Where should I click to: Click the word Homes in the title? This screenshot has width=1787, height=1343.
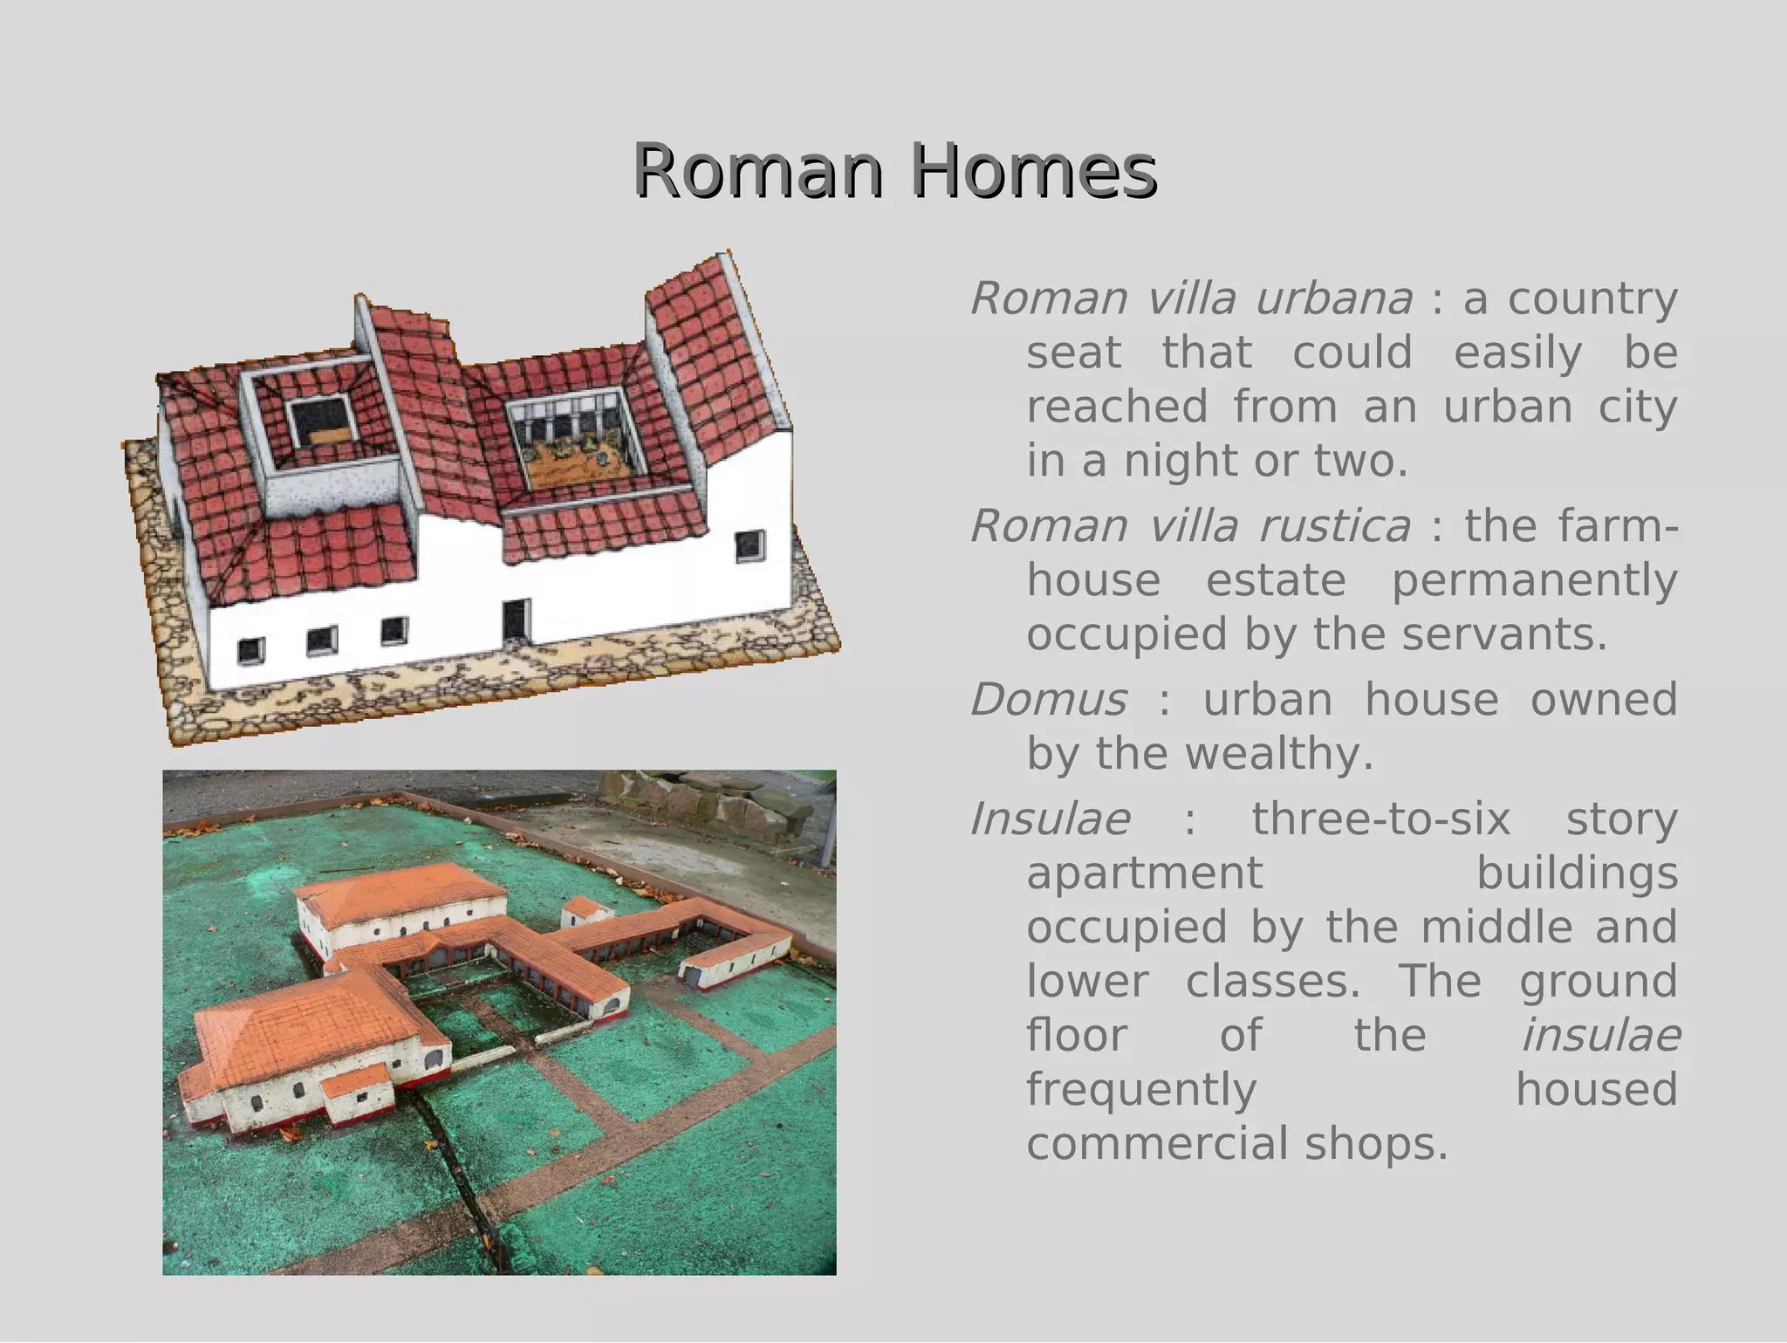point(1033,171)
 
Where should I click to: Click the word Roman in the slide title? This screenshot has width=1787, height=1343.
point(758,171)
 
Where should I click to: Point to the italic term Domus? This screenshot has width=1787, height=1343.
point(1048,700)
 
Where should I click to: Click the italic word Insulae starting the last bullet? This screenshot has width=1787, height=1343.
point(1051,819)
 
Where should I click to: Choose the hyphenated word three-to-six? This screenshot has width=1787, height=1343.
point(1380,819)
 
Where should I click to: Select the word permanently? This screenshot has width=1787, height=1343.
point(1534,580)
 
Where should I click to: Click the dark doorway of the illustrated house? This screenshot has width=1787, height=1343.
point(516,620)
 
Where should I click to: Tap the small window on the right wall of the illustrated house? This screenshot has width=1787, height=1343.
point(750,546)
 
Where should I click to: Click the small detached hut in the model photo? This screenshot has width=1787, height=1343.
point(586,911)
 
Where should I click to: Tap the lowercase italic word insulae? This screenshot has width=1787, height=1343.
point(1601,1037)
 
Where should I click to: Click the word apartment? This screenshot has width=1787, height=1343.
point(1144,874)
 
